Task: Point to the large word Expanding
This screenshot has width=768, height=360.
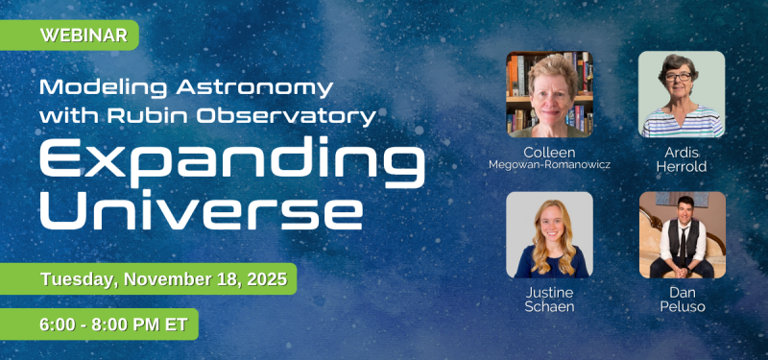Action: pos(230,163)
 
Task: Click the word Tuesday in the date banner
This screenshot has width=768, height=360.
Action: pos(79,279)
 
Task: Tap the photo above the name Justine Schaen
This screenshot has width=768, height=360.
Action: pos(549,234)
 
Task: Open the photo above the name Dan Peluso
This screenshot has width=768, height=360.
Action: pos(682,234)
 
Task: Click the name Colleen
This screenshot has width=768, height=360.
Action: pos(549,152)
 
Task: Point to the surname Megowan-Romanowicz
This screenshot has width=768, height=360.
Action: pos(549,166)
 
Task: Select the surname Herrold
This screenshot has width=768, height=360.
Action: pos(682,167)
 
